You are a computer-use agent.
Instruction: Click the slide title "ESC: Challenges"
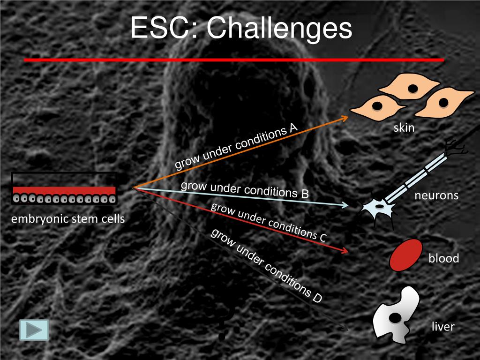click(x=241, y=29)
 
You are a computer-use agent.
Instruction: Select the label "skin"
click(x=404, y=128)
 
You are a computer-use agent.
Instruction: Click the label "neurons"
click(x=436, y=195)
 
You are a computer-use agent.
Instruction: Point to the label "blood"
click(x=443, y=258)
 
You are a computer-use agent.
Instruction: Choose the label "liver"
click(x=443, y=326)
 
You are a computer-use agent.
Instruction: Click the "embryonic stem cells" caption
click(x=68, y=218)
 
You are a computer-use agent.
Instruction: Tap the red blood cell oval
click(x=406, y=255)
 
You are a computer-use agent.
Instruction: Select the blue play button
click(x=34, y=330)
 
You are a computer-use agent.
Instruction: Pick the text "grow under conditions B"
click(x=245, y=189)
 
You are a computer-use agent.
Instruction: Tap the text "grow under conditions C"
click(x=268, y=222)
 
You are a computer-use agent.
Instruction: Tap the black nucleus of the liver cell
click(x=396, y=318)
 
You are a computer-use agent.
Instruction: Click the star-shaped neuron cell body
click(x=378, y=206)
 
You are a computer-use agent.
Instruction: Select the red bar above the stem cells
click(x=64, y=190)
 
